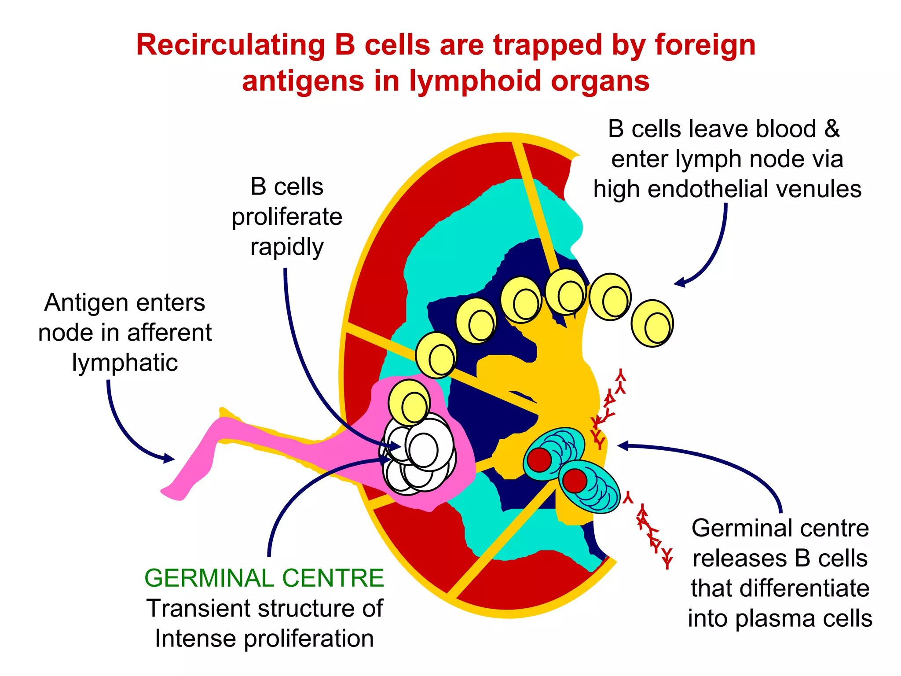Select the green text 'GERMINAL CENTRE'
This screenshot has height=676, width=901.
click(x=264, y=578)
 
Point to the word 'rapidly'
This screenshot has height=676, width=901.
click(x=287, y=247)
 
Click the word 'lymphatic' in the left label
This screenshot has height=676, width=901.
click(x=125, y=363)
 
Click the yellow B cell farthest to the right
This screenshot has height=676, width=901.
click(x=652, y=323)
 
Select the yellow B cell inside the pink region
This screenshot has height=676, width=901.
click(x=410, y=402)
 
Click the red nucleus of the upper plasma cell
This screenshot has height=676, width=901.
click(x=539, y=460)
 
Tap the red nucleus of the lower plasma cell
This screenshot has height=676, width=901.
click(x=575, y=481)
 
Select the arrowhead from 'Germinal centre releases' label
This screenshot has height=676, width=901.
click(x=622, y=446)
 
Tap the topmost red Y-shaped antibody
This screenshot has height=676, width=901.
click(x=621, y=375)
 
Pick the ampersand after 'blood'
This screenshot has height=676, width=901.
click(x=831, y=129)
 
